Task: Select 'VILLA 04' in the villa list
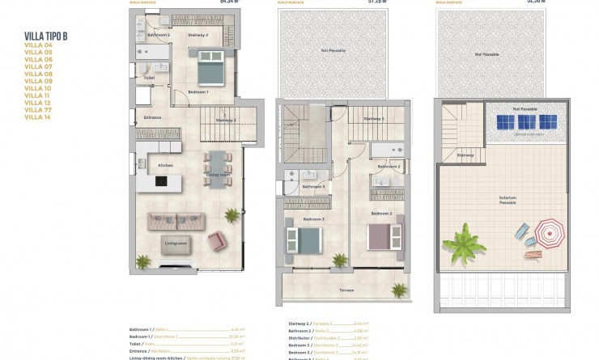click(39, 44)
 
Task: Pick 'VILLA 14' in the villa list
click(39, 117)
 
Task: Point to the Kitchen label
click(166, 166)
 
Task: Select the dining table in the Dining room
click(217, 168)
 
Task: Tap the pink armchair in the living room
click(217, 239)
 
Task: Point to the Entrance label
click(152, 118)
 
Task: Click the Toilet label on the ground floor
click(149, 78)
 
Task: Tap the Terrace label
click(346, 290)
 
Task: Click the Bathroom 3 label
click(313, 187)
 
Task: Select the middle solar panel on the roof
click(526, 121)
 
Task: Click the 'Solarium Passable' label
click(508, 198)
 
